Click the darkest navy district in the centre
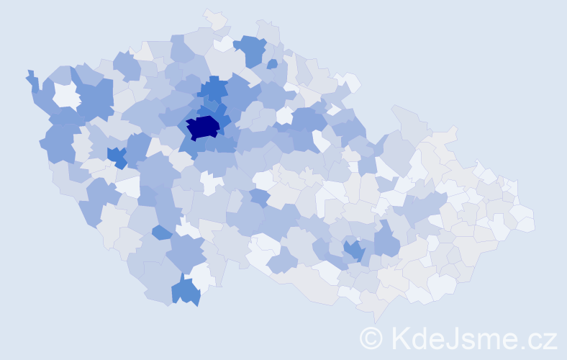point(203,128)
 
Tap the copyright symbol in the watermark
point(371,338)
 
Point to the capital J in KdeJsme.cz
point(448,338)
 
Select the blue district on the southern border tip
point(186,291)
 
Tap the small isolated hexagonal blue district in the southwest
point(162,233)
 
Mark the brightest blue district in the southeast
point(353,251)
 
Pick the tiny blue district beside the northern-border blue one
point(272,64)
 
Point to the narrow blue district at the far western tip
point(32,81)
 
